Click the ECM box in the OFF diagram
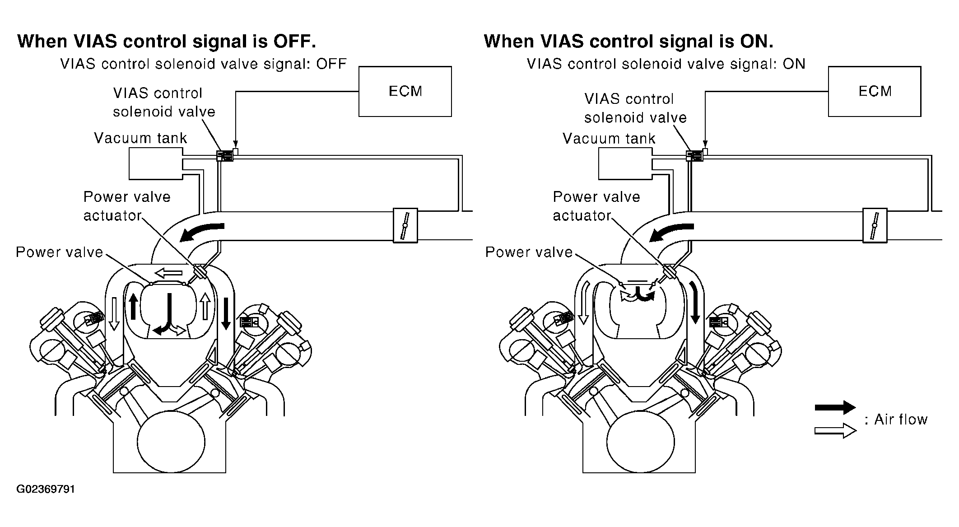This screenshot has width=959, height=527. coord(405,92)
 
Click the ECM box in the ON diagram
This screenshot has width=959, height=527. coord(875,92)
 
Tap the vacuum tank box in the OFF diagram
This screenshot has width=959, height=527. coord(155,163)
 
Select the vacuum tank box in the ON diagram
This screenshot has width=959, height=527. coord(624,163)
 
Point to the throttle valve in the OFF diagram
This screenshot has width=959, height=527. coord(405,225)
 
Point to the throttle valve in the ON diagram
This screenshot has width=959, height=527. coord(875,225)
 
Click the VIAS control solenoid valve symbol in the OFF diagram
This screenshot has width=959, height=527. coord(225,156)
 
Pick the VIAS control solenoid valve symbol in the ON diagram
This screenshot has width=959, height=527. coord(694,156)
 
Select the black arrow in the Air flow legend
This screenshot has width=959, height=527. coord(835,407)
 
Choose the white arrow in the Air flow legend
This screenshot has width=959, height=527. coord(835,430)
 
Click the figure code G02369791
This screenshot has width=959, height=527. coord(46,490)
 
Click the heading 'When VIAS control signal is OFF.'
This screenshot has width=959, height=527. coord(166,42)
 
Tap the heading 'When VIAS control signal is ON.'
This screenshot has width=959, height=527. coord(628,42)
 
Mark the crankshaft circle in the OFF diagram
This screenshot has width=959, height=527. coord(171,442)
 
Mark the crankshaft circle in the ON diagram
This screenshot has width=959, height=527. coord(640,442)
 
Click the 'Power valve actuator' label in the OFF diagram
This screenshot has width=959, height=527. coord(126,206)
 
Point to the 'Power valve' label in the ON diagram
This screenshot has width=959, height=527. coord(529,252)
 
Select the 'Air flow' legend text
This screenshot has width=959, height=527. coord(900,420)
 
